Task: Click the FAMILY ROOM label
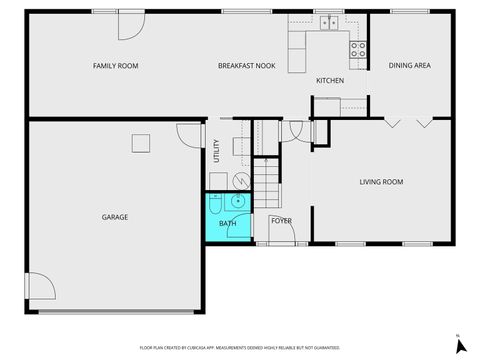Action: point(115,66)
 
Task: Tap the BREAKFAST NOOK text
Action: point(247,66)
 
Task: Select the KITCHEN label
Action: point(330,80)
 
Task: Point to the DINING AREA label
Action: point(409,66)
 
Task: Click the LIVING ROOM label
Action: point(381,181)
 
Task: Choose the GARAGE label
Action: point(114,216)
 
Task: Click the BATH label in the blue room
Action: point(228,223)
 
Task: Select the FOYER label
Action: point(281,221)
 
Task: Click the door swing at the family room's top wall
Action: point(130,25)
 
